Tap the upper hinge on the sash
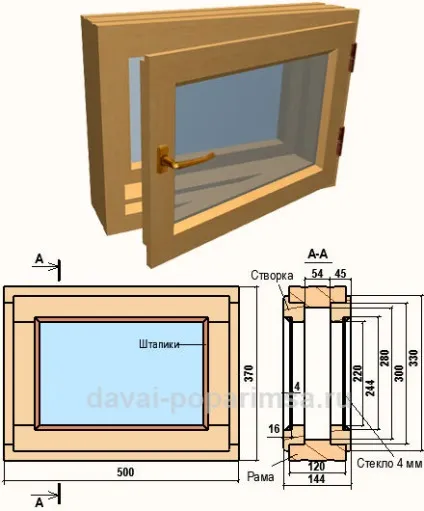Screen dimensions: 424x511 (354, 57)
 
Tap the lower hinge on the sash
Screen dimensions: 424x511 (340, 141)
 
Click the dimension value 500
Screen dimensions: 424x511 (126, 472)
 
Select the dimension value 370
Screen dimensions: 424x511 (249, 373)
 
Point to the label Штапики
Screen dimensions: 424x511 (159, 344)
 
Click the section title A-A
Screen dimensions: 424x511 (318, 255)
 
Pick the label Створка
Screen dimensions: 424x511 (272, 275)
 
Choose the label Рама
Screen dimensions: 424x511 (260, 477)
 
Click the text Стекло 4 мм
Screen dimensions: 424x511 (389, 463)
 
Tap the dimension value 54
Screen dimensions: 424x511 (317, 273)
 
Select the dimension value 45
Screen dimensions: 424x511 (340, 273)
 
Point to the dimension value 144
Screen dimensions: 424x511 (316, 479)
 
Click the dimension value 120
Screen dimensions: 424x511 (316, 467)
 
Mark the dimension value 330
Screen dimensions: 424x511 (413, 358)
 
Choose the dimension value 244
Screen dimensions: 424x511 (370, 388)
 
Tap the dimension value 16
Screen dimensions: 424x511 (274, 429)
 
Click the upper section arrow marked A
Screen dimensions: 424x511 (47, 266)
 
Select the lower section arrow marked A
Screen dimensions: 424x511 (47, 496)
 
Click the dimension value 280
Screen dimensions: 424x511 (385, 358)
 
